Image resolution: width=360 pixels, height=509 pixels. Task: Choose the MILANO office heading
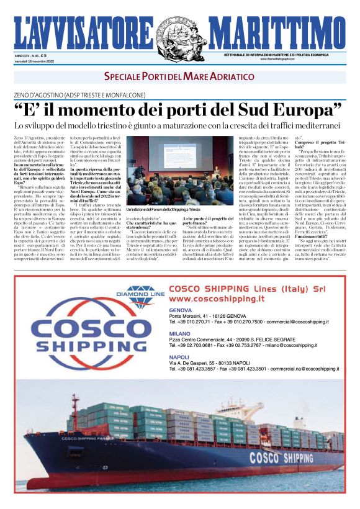179,333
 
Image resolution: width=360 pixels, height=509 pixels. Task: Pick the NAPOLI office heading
179,358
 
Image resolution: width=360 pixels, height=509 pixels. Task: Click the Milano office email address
290,345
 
